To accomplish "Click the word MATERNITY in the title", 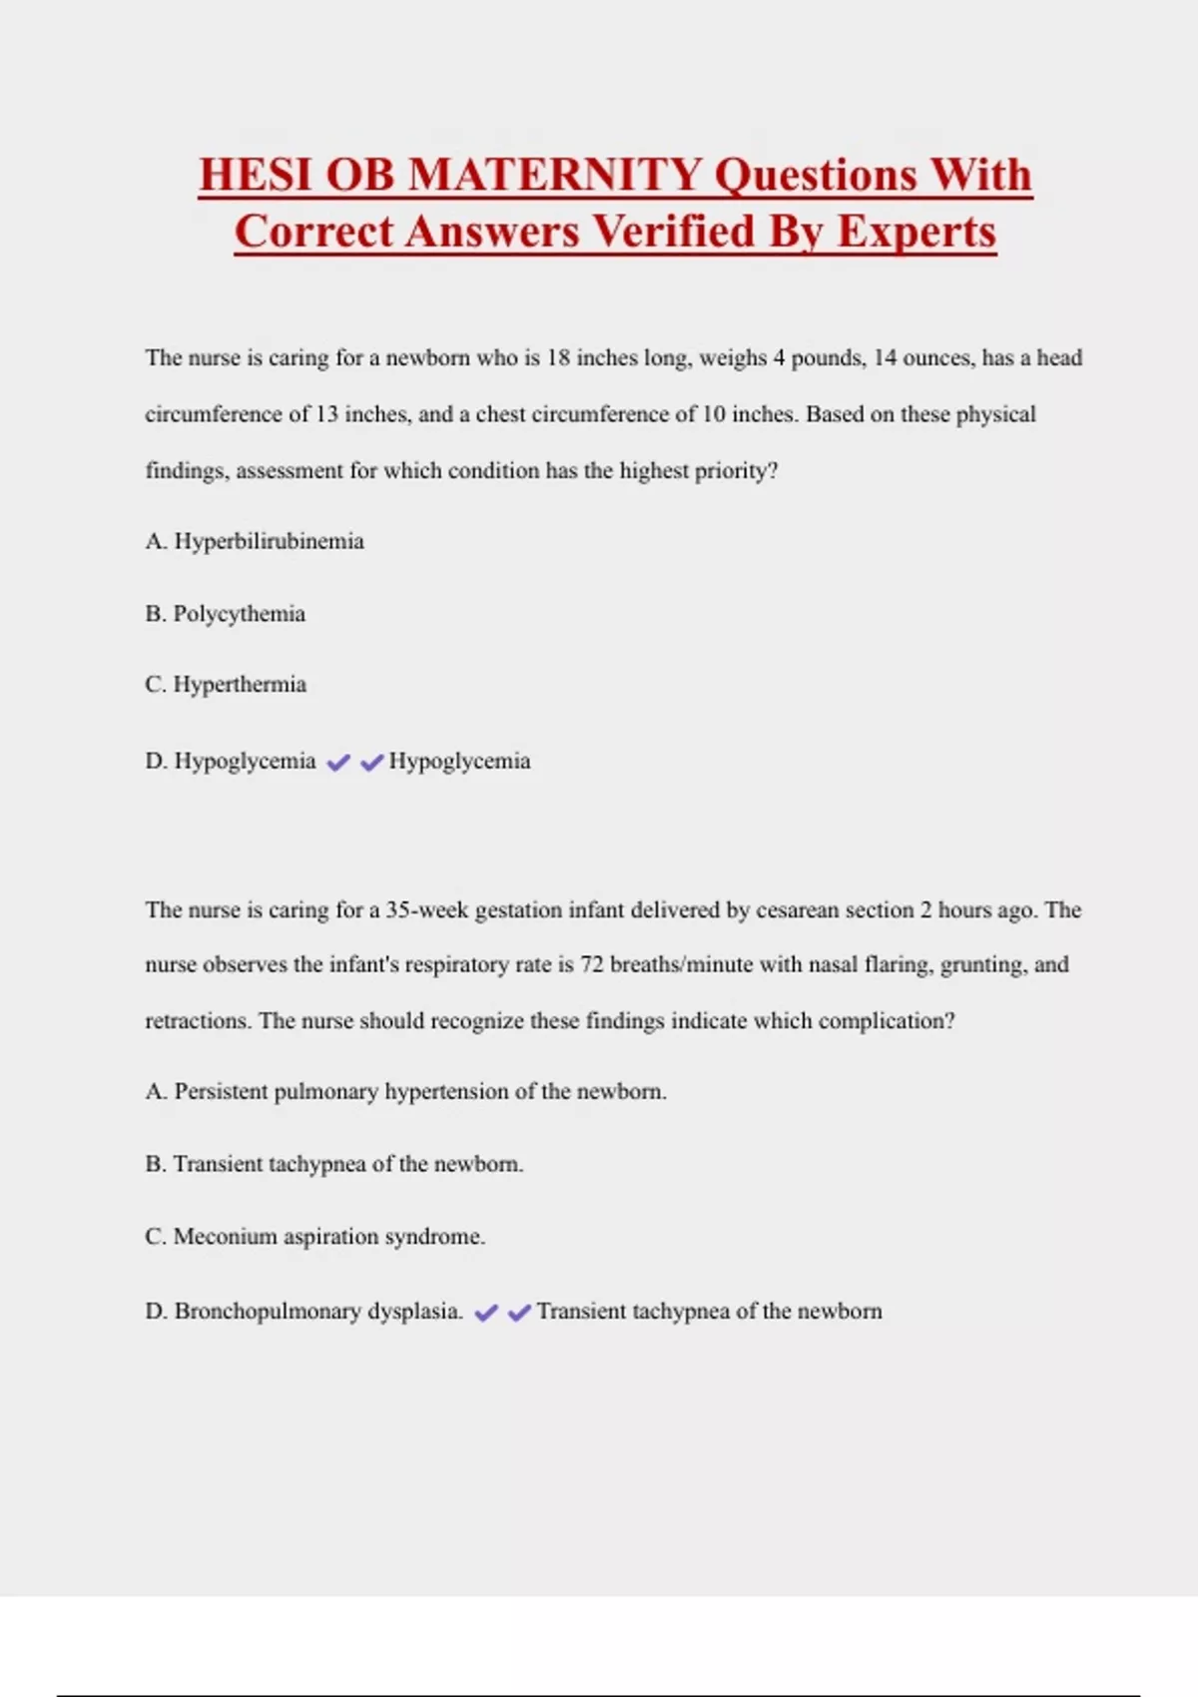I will (x=555, y=175).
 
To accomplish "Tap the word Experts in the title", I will (x=916, y=232).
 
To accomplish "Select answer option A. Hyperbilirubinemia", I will (x=255, y=541).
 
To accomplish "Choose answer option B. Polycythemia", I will (x=226, y=613).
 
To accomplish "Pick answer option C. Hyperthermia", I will (x=226, y=685).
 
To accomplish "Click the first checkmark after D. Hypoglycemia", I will (x=338, y=763).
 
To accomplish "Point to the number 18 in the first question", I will (x=558, y=357).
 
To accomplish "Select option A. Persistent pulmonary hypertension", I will (x=405, y=1091).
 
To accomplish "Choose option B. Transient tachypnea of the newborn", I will (x=334, y=1164).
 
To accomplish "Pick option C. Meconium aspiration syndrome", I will (x=314, y=1236).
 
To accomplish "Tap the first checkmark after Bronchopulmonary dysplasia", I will (x=486, y=1313).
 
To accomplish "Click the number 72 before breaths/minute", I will (x=592, y=964).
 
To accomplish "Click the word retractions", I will (x=197, y=1020).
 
